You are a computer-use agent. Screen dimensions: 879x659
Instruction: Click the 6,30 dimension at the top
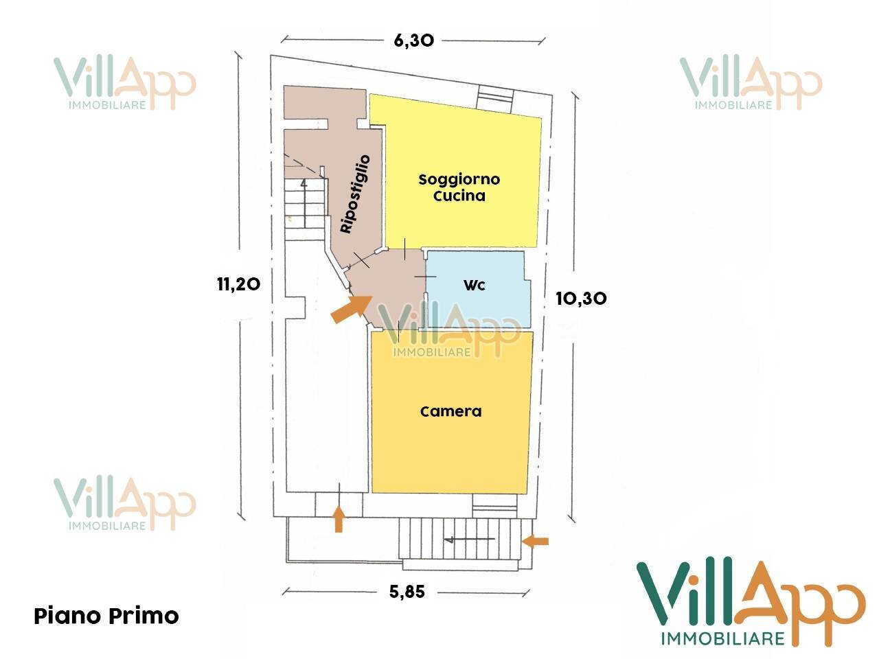413,41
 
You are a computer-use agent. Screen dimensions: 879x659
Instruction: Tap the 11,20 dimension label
239,284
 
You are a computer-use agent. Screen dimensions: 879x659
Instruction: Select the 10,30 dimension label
581,299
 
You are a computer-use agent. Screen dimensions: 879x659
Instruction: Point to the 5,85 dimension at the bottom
407,591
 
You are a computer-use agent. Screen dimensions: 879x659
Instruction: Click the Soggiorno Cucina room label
459,187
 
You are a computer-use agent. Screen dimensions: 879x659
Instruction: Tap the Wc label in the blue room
474,285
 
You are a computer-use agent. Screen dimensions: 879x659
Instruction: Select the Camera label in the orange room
451,411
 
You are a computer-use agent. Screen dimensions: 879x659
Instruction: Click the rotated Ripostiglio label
355,194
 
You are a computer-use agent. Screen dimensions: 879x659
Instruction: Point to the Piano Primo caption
106,616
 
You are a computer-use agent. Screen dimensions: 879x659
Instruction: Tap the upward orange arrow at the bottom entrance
339,519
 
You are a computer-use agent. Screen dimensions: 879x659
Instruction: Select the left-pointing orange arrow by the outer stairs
536,542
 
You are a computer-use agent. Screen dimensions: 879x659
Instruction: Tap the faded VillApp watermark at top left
124,83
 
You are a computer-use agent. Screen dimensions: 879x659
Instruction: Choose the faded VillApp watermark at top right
751,83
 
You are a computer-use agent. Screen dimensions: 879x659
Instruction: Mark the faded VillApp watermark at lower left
124,503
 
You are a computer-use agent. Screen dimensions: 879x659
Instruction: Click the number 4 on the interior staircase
304,184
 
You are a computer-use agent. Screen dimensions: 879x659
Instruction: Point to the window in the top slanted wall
494,98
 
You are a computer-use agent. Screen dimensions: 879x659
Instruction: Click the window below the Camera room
494,506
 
